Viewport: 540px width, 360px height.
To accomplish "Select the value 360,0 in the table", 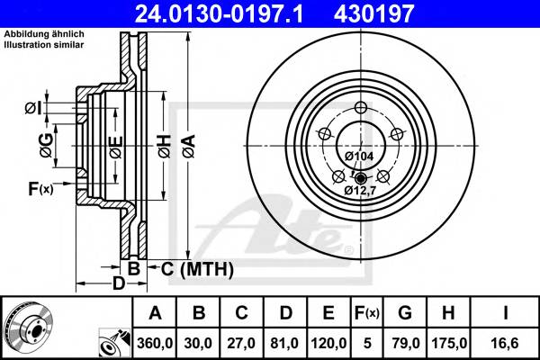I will point(156,342).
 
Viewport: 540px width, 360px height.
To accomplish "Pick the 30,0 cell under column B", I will point(200,342).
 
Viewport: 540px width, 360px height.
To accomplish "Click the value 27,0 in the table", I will point(243,342).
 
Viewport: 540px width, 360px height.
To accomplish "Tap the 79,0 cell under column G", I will point(405,342).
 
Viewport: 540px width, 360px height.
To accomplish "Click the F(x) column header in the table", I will point(366,313).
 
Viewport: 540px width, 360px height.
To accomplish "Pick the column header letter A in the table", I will point(156,313).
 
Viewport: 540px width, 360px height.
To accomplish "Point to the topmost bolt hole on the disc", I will point(361,109).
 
